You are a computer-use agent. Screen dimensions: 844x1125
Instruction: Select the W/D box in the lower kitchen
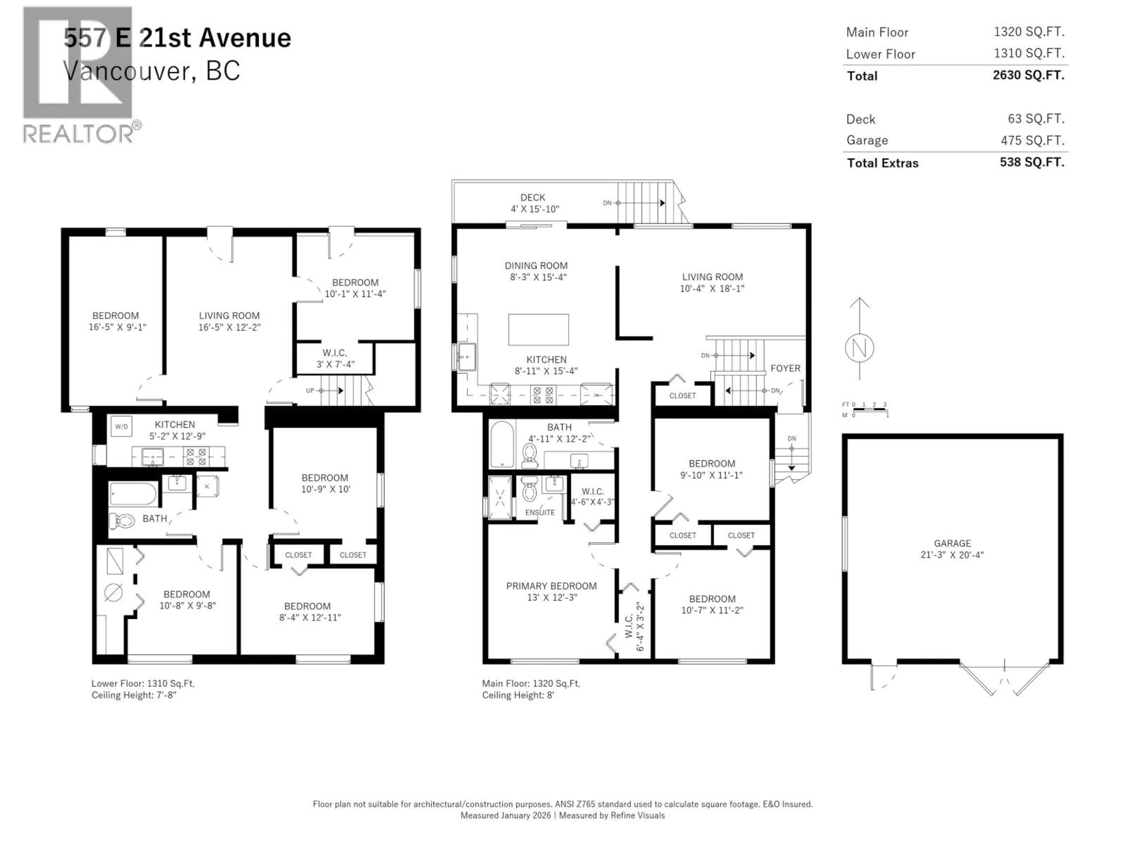coord(121,426)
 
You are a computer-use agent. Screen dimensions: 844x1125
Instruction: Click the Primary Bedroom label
coord(551,586)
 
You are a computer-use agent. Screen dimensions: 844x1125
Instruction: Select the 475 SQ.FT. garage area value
coord(1032,140)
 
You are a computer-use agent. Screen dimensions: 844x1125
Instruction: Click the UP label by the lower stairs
coord(310,391)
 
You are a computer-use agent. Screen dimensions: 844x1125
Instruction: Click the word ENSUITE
coord(540,512)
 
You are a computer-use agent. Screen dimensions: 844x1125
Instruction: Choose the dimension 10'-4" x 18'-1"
coord(712,288)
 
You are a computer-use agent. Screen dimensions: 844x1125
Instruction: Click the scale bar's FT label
coord(845,404)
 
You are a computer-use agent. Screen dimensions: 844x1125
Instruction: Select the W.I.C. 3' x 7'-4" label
coord(335,358)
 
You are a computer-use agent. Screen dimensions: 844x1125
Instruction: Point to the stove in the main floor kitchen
coord(542,395)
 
